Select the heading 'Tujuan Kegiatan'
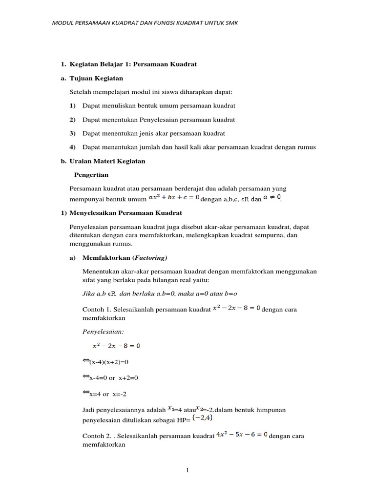click(96, 78)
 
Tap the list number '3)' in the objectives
click(72, 133)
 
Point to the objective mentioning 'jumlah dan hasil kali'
click(199, 146)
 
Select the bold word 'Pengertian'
click(91, 174)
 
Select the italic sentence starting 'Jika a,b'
click(160, 293)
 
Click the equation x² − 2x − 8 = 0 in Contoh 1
click(237, 309)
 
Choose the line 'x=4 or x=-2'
click(106, 394)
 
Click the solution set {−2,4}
click(202, 418)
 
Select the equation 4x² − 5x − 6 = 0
click(242, 435)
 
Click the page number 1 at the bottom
click(187, 470)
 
